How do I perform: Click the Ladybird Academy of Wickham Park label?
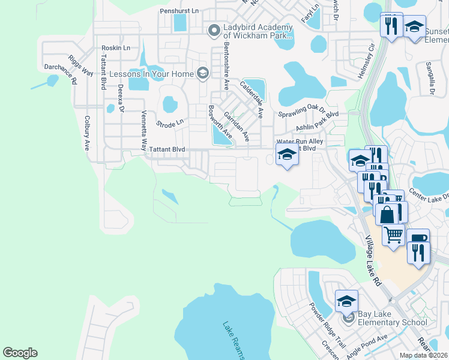point(258,31)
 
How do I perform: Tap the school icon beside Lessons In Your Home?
point(202,74)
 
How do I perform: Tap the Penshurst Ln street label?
point(179,11)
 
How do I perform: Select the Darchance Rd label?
point(61,71)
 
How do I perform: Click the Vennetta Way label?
point(143,130)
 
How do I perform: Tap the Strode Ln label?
point(169,123)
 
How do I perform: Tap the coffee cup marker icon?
point(418,239)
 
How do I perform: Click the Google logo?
point(20,353)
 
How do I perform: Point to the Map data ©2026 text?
point(423,355)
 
